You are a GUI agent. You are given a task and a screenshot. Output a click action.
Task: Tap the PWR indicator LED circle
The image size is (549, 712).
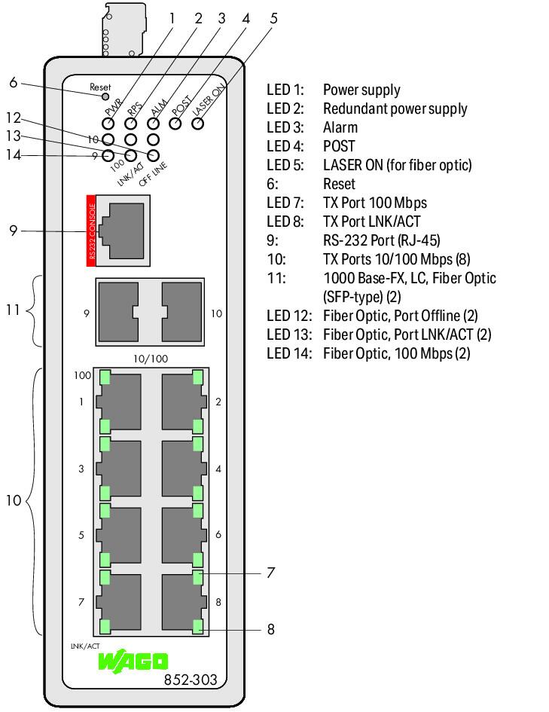pyautogui.click(x=108, y=122)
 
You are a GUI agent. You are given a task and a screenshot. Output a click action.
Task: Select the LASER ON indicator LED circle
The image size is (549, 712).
pyautogui.click(x=198, y=122)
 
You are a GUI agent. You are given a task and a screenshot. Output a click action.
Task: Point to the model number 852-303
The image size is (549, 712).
pyautogui.click(x=190, y=680)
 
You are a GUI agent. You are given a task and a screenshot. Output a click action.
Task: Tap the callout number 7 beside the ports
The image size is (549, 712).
pyautogui.click(x=270, y=573)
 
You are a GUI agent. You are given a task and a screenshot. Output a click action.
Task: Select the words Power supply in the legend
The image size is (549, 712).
pyautogui.click(x=361, y=90)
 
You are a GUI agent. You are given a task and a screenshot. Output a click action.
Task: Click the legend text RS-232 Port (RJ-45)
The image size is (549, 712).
pyautogui.click(x=381, y=241)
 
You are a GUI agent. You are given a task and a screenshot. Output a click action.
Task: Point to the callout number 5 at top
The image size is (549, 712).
pyautogui.click(x=273, y=17)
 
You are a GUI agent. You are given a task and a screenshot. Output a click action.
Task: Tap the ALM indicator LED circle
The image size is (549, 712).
pyautogui.click(x=154, y=122)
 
